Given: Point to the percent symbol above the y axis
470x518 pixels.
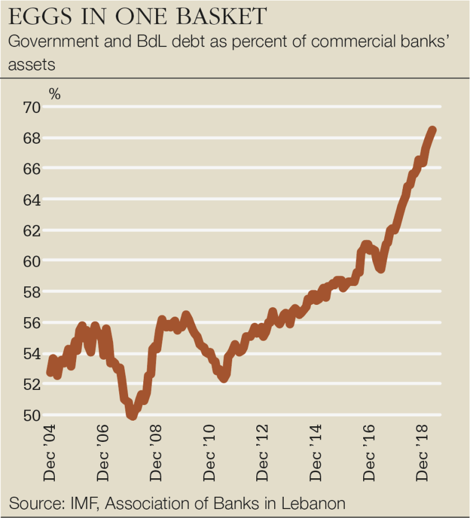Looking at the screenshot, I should (x=54, y=94).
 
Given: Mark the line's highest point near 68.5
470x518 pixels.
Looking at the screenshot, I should (x=433, y=130).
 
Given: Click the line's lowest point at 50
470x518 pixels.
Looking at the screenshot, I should (x=132, y=415).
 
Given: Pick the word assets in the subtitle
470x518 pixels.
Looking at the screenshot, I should (x=32, y=64).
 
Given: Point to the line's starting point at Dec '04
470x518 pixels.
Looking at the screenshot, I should (x=50, y=371).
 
